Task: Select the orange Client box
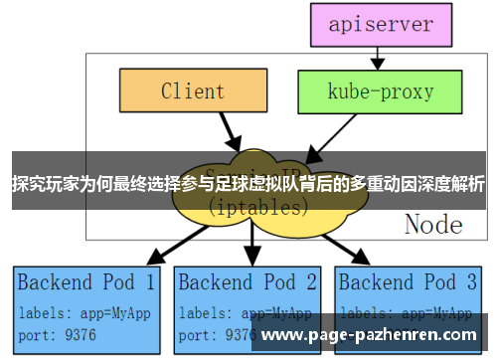coord(193,91)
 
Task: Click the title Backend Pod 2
coord(248,282)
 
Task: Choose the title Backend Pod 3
coord(410,282)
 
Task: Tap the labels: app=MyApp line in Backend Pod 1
coord(84,311)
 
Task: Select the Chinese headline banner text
coord(248,184)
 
